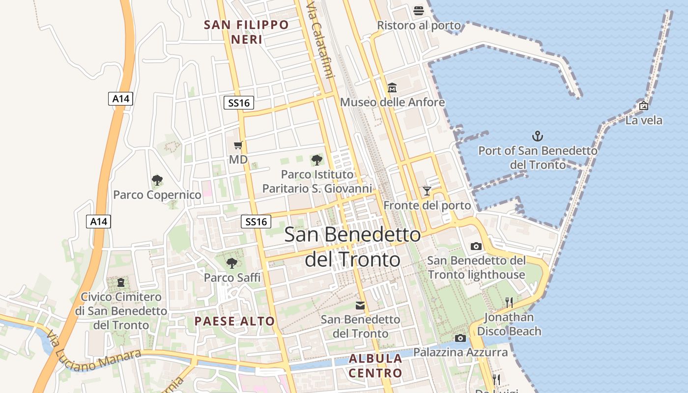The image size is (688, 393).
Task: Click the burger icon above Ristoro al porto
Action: pos(419,10)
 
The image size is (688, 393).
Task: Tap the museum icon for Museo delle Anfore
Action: pos(392,88)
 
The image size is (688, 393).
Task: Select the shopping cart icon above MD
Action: pos(238,145)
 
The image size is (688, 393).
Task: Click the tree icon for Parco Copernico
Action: pos(157,180)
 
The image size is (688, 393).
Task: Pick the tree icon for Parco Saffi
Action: pos(232,263)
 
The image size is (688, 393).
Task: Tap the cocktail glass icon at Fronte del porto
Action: pos(427,191)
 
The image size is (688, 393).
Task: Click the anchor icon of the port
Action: pos(538,136)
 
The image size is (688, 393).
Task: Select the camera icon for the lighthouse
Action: pos(476,246)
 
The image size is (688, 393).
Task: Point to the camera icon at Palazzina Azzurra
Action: pos(460,338)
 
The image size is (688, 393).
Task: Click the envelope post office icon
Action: pos(360,306)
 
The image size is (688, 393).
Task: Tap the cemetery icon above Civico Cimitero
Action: pos(121,282)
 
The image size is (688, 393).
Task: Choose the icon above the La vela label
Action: pos(643,106)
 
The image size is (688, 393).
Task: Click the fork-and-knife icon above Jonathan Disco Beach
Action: pos(509,302)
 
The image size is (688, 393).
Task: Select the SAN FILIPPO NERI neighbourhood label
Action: pos(247,32)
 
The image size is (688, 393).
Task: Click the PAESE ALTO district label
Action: pos(234,321)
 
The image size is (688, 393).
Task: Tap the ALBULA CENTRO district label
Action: pos(375,365)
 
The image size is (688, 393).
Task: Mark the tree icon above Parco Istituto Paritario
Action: pos(317,160)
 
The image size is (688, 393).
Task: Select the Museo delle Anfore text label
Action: pos(392,102)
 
